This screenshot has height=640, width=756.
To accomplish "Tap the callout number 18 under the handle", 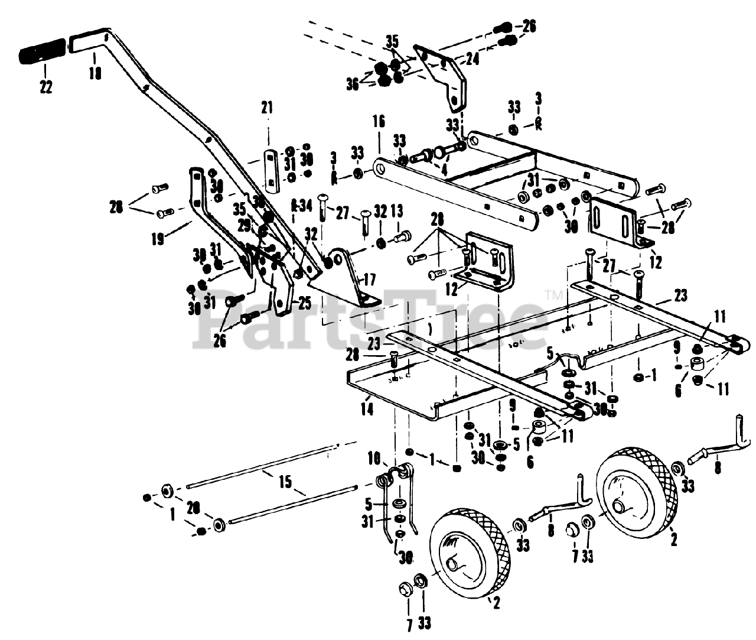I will (94, 73).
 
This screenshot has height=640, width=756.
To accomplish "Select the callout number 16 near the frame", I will (379, 122).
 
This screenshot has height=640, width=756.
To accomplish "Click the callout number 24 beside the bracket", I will (472, 59).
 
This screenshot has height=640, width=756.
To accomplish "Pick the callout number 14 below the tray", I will (368, 408).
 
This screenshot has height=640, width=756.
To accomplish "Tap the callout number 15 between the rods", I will (285, 482).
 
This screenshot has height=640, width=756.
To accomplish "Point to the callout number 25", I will (304, 304).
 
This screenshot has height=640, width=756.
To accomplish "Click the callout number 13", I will (397, 211).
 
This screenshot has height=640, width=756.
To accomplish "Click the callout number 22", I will (45, 87).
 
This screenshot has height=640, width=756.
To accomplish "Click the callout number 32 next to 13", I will (380, 211).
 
